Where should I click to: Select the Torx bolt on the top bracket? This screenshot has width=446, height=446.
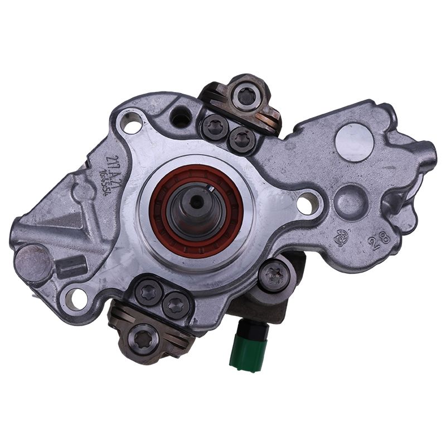(x=246, y=96)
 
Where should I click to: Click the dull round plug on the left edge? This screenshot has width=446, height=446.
(x=33, y=263)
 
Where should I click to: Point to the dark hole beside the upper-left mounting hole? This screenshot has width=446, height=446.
(x=180, y=117)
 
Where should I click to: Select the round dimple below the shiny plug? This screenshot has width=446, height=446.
(x=350, y=198)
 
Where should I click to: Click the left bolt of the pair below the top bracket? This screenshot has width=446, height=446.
(x=215, y=128)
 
